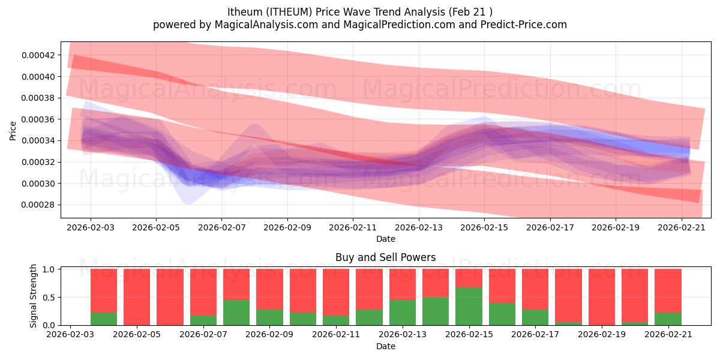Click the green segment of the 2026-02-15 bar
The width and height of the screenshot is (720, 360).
click(x=469, y=306)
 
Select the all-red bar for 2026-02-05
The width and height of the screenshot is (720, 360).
click(x=137, y=297)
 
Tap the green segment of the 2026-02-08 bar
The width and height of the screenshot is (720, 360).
click(x=236, y=313)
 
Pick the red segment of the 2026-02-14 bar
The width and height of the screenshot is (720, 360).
click(x=436, y=283)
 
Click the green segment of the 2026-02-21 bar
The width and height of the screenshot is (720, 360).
click(x=668, y=319)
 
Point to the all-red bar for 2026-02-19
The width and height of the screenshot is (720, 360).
click(x=602, y=297)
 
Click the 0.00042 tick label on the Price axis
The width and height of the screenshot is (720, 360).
click(x=38, y=55)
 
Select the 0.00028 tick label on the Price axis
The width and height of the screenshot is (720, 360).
click(x=38, y=205)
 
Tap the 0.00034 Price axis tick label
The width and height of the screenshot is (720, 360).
click(x=38, y=141)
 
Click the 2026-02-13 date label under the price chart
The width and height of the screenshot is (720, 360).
click(x=419, y=227)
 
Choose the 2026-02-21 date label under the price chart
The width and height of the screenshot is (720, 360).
click(x=682, y=227)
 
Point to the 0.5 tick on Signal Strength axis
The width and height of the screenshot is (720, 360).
click(x=49, y=298)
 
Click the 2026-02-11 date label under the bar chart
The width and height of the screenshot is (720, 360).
click(x=336, y=334)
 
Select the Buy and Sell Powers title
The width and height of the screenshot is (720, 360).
click(x=385, y=257)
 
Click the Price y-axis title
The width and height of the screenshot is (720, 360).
click(x=13, y=131)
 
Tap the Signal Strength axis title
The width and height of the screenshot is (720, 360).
click(x=33, y=296)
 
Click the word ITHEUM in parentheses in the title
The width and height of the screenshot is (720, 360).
click(x=288, y=12)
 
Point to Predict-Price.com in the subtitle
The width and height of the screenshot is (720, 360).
click(x=524, y=25)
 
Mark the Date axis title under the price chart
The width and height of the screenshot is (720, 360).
click(x=386, y=239)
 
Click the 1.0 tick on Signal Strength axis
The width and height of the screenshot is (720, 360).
click(x=49, y=269)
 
